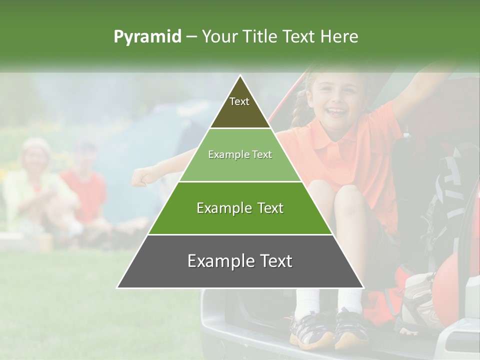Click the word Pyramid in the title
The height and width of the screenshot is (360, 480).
[147, 37]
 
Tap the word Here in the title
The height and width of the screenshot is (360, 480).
[339, 37]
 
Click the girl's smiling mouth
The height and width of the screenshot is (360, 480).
[336, 111]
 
